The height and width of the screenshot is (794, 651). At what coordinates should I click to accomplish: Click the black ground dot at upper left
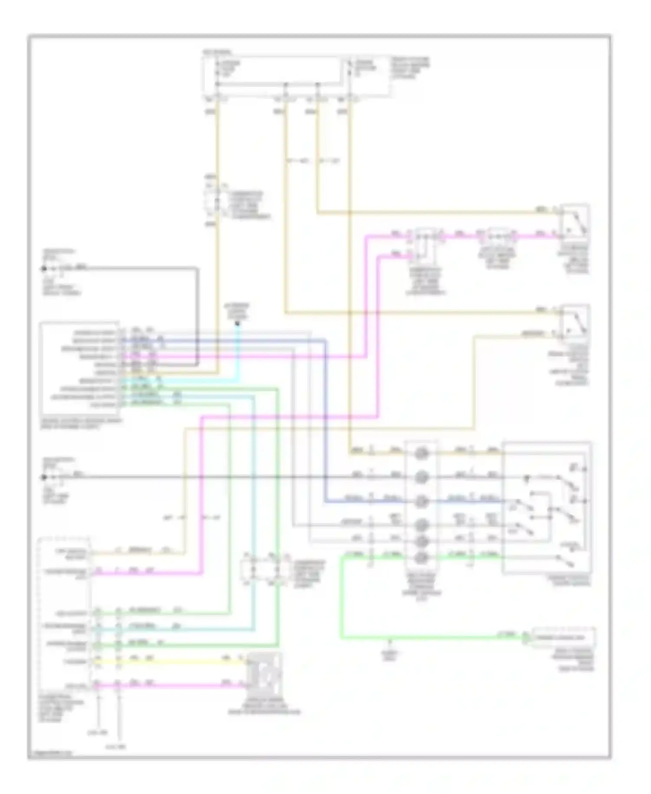point(44,269)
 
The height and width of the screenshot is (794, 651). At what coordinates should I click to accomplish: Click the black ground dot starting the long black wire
point(44,477)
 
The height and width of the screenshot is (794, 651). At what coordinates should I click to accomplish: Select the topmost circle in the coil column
point(421,454)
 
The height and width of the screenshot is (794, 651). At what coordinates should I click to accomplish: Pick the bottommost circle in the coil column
point(421,557)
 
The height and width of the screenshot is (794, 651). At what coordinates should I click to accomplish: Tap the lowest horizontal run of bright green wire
point(434,638)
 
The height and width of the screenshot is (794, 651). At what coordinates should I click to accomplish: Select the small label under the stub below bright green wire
point(390,655)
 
